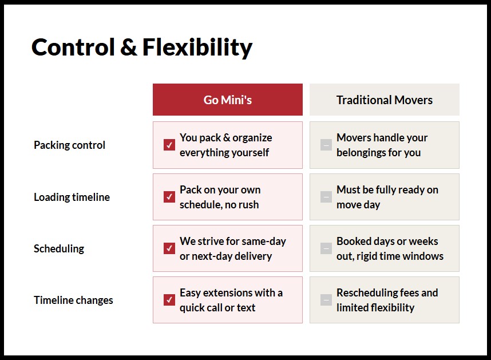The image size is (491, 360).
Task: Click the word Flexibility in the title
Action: tap(197, 48)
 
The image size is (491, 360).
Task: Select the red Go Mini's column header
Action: tap(227, 100)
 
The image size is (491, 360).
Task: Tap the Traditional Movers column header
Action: tap(384, 100)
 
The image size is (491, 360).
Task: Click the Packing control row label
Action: tap(69, 145)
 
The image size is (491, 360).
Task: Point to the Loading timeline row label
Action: tap(72, 197)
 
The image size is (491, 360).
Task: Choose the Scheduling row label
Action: tap(59, 249)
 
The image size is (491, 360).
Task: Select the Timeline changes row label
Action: tap(73, 300)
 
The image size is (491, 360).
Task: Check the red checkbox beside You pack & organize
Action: tap(169, 145)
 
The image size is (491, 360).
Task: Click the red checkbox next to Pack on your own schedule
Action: tap(169, 197)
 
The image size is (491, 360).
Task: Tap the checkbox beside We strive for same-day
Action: tap(169, 248)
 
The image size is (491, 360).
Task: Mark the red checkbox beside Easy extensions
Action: tap(169, 300)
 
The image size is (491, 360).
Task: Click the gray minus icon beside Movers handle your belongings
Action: tap(326, 145)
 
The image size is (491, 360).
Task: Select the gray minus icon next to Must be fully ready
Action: tap(326, 197)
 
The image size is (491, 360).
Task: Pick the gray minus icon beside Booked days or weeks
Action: tap(326, 248)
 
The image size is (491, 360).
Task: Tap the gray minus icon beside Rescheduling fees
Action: tap(326, 300)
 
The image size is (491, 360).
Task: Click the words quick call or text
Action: tap(217, 308)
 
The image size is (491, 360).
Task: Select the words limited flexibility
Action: tap(375, 308)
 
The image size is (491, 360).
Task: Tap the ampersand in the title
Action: tap(128, 48)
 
